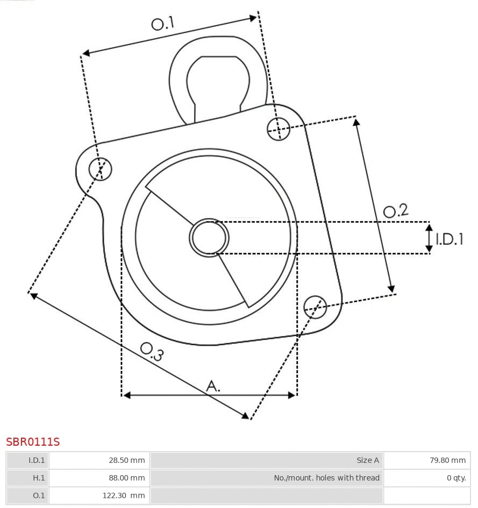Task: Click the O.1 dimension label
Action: (x=163, y=23)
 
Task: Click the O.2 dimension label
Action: (x=396, y=211)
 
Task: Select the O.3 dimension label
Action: (x=152, y=351)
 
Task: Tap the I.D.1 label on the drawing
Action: (x=449, y=239)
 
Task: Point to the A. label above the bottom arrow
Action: (x=213, y=386)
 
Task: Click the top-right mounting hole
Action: (x=279, y=128)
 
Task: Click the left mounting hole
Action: (x=100, y=169)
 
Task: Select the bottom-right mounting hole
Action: (x=315, y=306)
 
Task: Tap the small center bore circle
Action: (x=209, y=237)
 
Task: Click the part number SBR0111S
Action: (x=33, y=442)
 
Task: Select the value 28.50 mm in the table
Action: (x=127, y=460)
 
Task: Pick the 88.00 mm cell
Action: (x=127, y=477)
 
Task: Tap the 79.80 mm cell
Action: (x=447, y=460)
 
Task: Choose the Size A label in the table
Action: (x=368, y=460)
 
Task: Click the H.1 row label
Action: (x=39, y=477)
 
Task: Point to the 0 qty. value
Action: (x=456, y=477)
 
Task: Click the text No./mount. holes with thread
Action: (x=326, y=477)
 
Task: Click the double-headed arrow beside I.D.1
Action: (x=429, y=238)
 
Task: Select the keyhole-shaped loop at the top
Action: (x=217, y=81)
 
